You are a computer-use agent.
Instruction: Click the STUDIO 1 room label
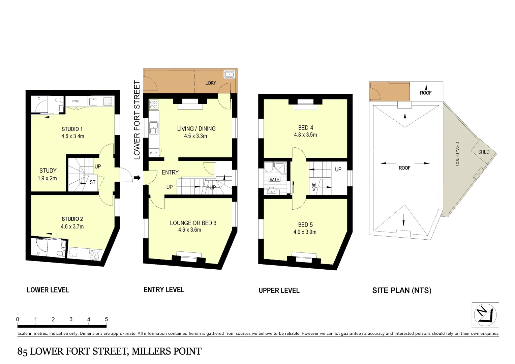point(72,129)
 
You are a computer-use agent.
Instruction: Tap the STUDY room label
point(48,171)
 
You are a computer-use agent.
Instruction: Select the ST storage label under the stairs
point(92,182)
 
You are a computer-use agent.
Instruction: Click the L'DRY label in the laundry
point(211,83)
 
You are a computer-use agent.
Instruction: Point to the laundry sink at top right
point(229,74)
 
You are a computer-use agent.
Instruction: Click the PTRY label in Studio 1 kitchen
point(76,101)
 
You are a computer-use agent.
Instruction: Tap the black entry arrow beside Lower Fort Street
point(137,178)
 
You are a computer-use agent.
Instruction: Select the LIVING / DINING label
point(196,129)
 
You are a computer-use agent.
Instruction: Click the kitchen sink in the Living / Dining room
point(154,127)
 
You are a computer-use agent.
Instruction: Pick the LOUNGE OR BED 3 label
point(193,223)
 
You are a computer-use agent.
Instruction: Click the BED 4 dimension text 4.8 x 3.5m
point(305,135)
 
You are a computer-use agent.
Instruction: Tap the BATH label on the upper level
point(274,179)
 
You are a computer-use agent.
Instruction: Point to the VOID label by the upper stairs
point(314,187)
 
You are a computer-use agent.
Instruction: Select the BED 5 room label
point(305,225)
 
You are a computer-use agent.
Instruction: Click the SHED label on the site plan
point(484,152)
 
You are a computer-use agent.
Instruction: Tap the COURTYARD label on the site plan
point(457,154)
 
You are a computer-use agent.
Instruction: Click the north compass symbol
point(485,315)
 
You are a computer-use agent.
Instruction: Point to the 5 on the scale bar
point(107,319)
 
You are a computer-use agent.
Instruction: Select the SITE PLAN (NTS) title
point(401,290)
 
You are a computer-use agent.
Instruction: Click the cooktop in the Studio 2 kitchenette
point(94,254)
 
